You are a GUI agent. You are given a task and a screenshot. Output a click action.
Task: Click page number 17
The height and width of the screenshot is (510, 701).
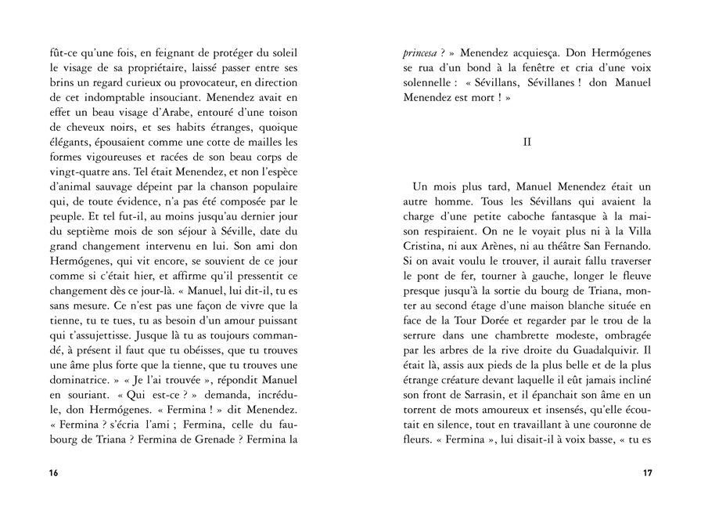647,472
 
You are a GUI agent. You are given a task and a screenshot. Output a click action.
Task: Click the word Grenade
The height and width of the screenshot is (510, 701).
205,439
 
